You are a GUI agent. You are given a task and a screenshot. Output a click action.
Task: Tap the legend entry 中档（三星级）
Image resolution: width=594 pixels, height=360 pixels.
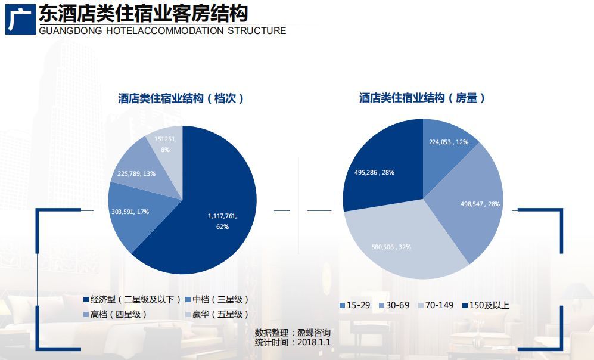(x=217, y=299)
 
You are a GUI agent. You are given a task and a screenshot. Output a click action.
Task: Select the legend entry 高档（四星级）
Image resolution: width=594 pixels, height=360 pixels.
(x=116, y=314)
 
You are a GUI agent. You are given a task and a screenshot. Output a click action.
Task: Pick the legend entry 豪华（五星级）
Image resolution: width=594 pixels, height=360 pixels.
(x=217, y=314)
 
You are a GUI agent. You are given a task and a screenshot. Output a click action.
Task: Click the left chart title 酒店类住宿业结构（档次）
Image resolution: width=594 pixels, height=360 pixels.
(x=181, y=98)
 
